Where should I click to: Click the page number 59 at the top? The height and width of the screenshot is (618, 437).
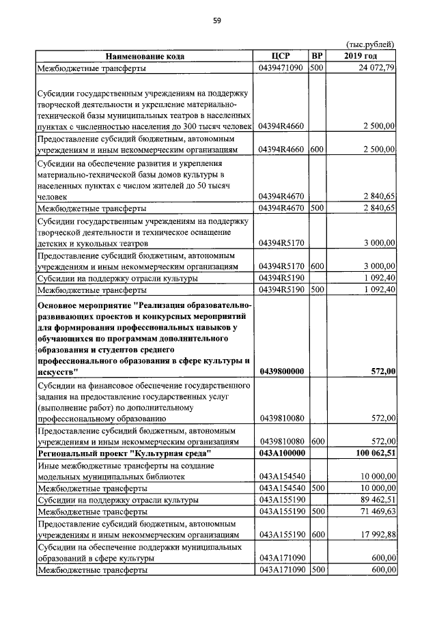(x=216, y=20)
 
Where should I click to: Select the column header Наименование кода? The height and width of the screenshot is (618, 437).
(x=145, y=56)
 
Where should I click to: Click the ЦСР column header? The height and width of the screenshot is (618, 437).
(x=281, y=56)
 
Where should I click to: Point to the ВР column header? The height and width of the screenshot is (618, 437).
(x=316, y=56)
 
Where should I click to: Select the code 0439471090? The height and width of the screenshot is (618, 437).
(x=281, y=68)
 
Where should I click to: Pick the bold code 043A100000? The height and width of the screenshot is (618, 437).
(x=281, y=453)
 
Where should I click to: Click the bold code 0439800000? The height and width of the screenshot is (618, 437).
(x=281, y=371)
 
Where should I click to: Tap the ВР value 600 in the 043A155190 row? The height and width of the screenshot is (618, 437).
(x=316, y=535)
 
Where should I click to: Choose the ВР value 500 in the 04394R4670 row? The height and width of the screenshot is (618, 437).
(x=316, y=208)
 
